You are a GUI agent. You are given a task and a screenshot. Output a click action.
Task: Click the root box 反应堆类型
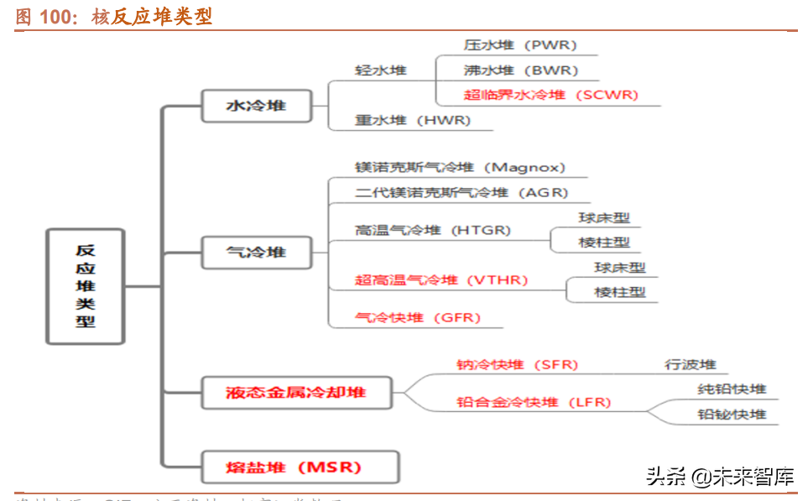[85, 285]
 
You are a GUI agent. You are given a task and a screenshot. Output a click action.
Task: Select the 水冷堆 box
[256, 106]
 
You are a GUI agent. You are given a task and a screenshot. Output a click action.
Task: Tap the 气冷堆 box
[256, 252]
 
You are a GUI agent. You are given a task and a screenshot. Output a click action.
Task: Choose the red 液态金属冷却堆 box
[296, 392]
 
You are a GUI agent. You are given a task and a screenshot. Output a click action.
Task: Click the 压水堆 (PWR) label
[520, 45]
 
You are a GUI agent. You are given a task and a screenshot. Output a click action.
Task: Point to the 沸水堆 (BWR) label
[520, 70]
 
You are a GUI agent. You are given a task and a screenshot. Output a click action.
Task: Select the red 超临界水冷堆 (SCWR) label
[550, 95]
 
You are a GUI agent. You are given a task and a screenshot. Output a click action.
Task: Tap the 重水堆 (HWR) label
[412, 120]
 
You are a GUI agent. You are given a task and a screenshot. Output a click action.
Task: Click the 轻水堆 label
[380, 70]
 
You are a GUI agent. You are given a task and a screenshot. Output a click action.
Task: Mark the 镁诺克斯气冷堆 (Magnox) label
[460, 168]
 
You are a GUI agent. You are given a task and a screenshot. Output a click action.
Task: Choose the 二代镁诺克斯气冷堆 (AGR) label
[456, 192]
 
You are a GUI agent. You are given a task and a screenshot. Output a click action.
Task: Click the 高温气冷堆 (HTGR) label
[432, 230]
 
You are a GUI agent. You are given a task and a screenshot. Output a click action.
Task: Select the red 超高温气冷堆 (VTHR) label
[440, 279]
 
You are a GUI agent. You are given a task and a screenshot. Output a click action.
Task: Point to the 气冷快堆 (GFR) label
[417, 317]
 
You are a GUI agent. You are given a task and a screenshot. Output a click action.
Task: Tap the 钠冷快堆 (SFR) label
[517, 364]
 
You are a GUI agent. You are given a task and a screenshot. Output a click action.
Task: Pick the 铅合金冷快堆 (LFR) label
[534, 402]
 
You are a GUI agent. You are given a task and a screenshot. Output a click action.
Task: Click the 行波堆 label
[691, 364]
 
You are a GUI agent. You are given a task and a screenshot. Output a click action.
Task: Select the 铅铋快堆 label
[732, 415]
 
